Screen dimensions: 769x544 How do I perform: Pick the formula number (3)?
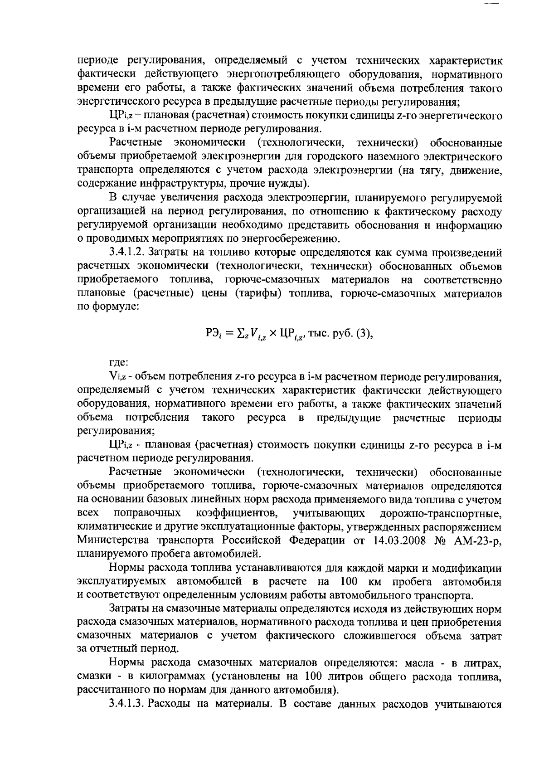point(363,335)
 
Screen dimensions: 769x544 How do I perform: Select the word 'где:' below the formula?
point(119,363)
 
